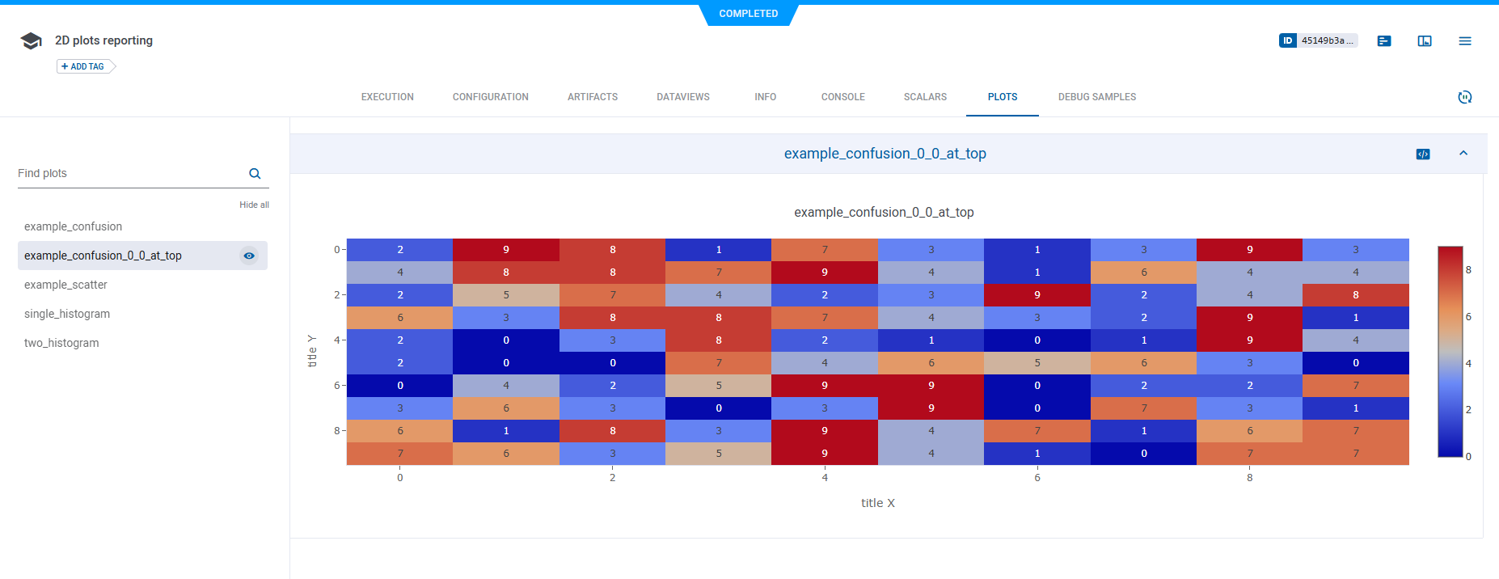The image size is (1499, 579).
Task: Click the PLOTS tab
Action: point(1002,97)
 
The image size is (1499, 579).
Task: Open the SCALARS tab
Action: point(925,97)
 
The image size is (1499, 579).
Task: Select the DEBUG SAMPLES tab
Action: point(1096,97)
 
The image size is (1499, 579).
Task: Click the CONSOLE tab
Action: point(842,97)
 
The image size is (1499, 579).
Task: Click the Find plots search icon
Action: point(255,174)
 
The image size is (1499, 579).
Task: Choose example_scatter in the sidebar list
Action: point(65,285)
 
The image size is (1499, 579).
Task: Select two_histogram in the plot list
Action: point(61,343)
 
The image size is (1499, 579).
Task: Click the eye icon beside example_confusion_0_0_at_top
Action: point(249,256)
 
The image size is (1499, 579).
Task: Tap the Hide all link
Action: point(254,205)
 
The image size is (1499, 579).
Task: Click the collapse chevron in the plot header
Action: point(1463,154)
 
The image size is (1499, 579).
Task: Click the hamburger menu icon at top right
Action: point(1464,41)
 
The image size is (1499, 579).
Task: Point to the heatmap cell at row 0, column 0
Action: point(399,250)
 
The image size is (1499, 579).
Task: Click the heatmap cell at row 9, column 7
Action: point(1143,454)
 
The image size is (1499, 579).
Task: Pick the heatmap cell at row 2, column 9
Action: point(1355,295)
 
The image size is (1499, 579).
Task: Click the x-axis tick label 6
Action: point(1037,478)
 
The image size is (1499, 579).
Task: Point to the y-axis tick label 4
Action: point(336,340)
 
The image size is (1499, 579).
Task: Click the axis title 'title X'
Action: point(877,503)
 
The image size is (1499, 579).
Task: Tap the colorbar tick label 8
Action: point(1468,270)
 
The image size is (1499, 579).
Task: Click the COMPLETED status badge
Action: point(748,14)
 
